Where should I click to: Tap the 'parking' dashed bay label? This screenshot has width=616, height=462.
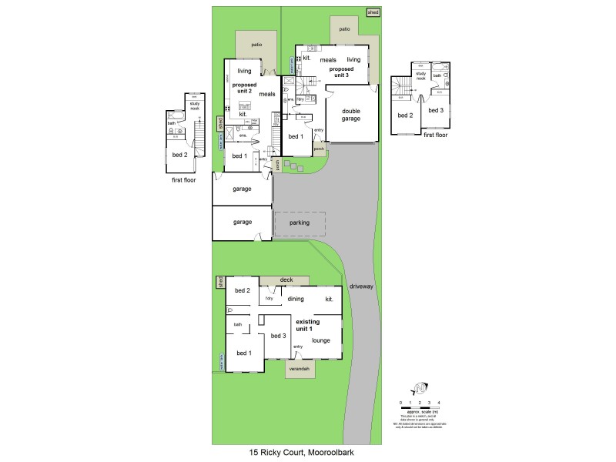point(300,223)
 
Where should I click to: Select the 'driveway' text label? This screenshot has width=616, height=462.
point(361,286)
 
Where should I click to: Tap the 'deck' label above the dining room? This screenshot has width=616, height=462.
point(286,280)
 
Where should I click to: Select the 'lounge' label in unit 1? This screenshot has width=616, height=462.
point(322,340)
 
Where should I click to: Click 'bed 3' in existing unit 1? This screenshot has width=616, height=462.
point(278,336)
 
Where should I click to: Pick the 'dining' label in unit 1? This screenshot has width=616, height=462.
point(296,299)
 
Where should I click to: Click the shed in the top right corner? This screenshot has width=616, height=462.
point(373,13)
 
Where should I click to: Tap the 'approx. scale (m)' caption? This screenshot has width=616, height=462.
point(420,410)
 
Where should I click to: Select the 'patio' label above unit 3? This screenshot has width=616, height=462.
point(344,29)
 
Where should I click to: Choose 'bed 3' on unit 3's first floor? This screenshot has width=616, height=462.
point(436,111)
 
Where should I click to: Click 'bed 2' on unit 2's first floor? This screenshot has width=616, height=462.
point(179,154)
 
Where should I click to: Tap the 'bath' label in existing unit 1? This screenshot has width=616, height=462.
point(238,325)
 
